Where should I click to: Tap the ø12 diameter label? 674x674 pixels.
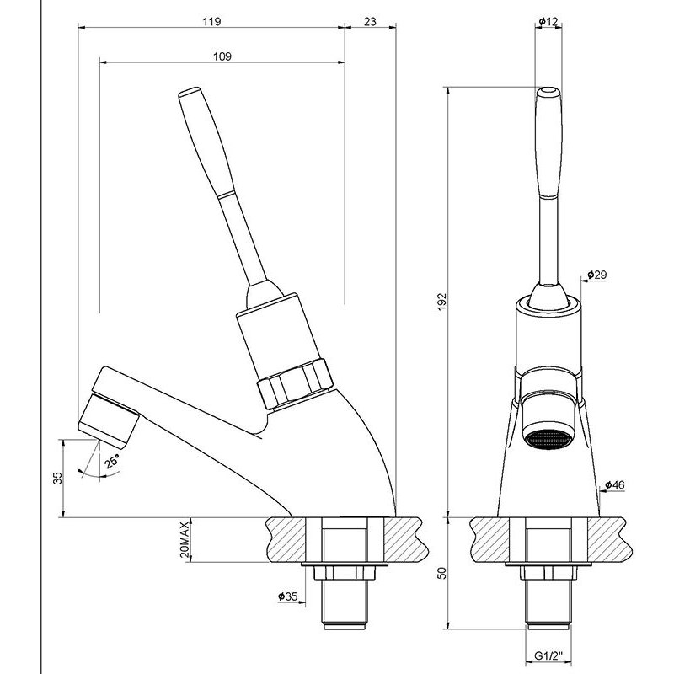coord(548,23)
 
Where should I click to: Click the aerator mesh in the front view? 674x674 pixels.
coord(548,439)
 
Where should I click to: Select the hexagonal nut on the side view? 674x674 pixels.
coord(293,383)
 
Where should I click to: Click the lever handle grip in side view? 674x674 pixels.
coord(201,139)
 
